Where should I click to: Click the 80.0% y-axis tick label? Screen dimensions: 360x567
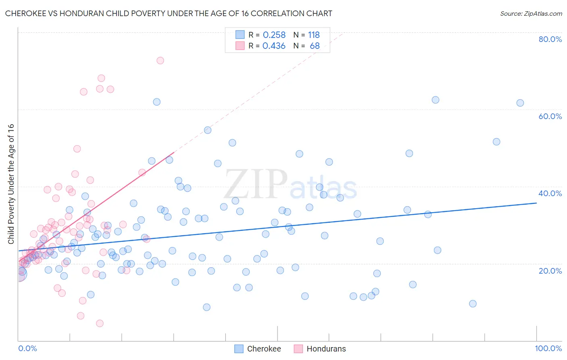[x=550, y=39]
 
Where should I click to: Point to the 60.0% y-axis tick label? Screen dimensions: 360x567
[x=550, y=116]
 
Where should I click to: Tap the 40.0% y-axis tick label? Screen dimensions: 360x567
[x=550, y=193]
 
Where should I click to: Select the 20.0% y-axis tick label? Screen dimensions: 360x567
[x=550, y=271]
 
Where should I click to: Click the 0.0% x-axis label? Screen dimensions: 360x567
[x=27, y=348]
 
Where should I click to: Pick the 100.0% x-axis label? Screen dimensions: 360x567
[x=548, y=348]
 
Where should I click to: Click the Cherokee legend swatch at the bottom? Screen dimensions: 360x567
[x=239, y=349]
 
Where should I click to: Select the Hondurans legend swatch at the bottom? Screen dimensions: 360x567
[x=298, y=349]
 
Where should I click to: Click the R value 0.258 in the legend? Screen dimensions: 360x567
[x=274, y=35]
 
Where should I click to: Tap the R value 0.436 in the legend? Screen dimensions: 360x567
[x=274, y=46]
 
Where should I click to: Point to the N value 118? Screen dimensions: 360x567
[x=314, y=35]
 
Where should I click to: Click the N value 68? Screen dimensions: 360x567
[x=315, y=46]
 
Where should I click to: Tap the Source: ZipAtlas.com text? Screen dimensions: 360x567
[x=531, y=14]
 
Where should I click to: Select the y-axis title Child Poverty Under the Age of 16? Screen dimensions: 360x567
[x=11, y=184]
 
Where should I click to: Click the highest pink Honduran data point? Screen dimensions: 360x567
[x=160, y=61]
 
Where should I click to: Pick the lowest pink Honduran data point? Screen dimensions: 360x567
[x=100, y=323]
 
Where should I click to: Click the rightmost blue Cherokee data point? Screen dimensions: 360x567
[x=520, y=103]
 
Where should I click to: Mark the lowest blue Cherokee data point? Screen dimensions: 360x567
[x=206, y=307]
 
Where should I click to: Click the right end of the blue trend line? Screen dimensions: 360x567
[x=536, y=203]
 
